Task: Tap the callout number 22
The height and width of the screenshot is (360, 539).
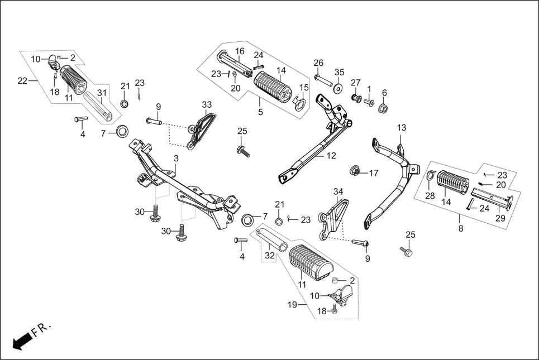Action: pyautogui.click(x=23, y=81)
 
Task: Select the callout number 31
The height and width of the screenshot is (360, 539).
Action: pyautogui.click(x=102, y=93)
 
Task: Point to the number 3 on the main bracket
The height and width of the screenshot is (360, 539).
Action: pyautogui.click(x=175, y=159)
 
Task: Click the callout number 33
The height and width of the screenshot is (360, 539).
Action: pyautogui.click(x=207, y=104)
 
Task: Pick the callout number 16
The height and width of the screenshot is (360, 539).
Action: pyautogui.click(x=240, y=51)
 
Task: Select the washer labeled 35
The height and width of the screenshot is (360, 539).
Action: pyautogui.click(x=338, y=88)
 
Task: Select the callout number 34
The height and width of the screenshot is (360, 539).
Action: pyautogui.click(x=338, y=192)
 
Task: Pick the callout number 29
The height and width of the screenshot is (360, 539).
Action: pyautogui.click(x=500, y=218)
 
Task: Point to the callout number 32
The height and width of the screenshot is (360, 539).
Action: pyautogui.click(x=270, y=257)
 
